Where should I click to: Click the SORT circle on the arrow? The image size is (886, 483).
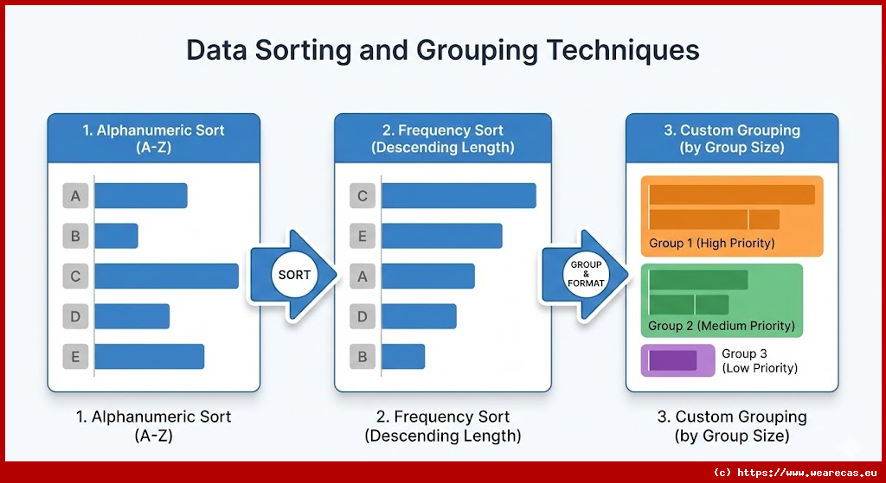click(294, 276)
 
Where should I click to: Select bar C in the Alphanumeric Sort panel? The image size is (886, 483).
click(166, 276)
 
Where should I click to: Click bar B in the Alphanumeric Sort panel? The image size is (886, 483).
click(116, 236)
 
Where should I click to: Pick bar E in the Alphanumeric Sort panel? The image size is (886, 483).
click(149, 356)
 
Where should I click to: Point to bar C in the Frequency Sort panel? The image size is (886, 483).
click(459, 196)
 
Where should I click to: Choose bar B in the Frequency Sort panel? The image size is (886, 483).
click(403, 356)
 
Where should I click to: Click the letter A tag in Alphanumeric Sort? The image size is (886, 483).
click(75, 196)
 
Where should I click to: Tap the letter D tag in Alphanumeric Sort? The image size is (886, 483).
click(75, 316)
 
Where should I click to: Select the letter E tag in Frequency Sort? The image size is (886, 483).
click(363, 236)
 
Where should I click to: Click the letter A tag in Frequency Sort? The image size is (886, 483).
click(363, 276)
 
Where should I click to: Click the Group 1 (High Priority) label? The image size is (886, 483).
click(711, 243)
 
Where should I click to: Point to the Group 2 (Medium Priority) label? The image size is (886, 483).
click(721, 326)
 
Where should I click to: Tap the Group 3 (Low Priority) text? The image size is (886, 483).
click(759, 361)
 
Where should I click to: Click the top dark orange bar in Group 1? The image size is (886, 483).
click(731, 194)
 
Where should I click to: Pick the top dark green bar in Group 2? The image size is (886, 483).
click(697, 280)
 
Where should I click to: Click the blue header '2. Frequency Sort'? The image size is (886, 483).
click(442, 138)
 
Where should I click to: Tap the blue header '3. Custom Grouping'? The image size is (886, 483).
click(731, 138)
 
